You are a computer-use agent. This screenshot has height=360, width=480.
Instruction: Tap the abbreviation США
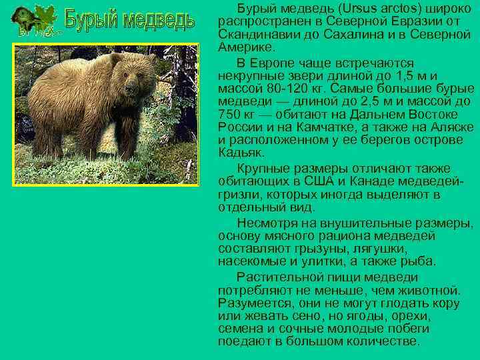[x=319, y=181]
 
